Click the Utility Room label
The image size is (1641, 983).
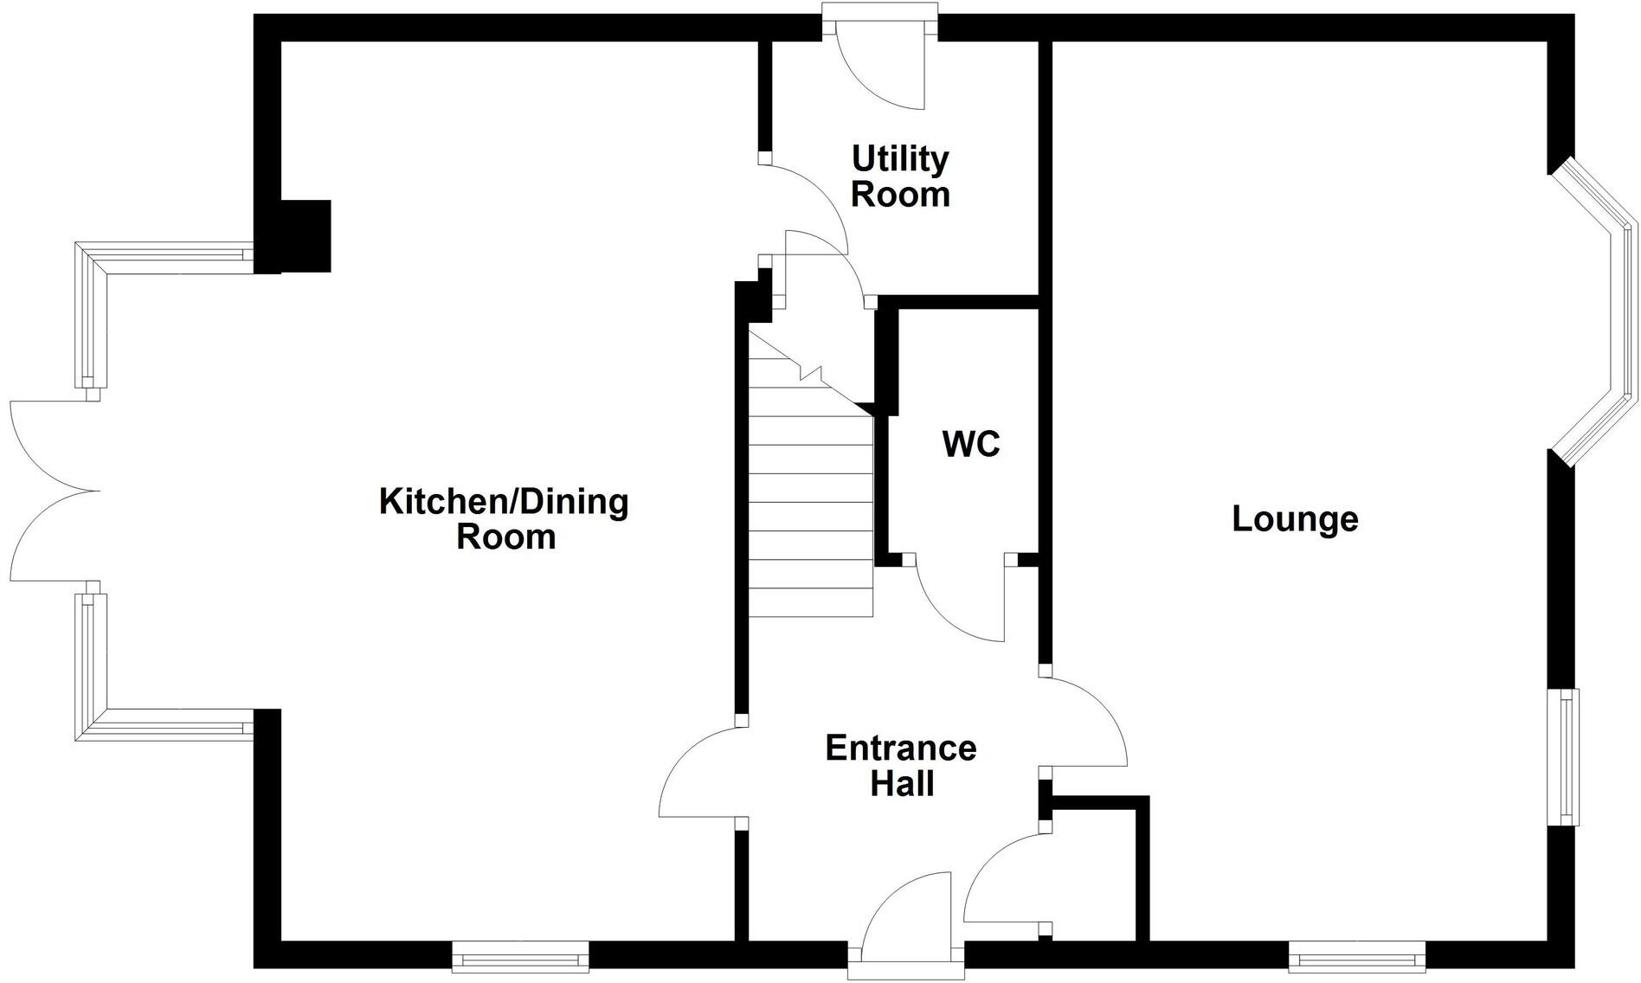coord(900,177)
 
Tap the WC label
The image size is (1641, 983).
coord(971,444)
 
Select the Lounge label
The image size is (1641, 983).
coord(1295,519)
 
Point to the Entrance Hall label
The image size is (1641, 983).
coord(901,766)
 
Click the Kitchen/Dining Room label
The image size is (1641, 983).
coord(505,518)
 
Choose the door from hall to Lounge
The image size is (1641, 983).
coord(1086,723)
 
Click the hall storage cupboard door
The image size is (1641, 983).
coord(1004,878)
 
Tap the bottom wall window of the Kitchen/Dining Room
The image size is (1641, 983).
coord(520,957)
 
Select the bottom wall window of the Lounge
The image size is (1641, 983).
coord(1356,957)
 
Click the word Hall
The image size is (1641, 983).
coord(902,784)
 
